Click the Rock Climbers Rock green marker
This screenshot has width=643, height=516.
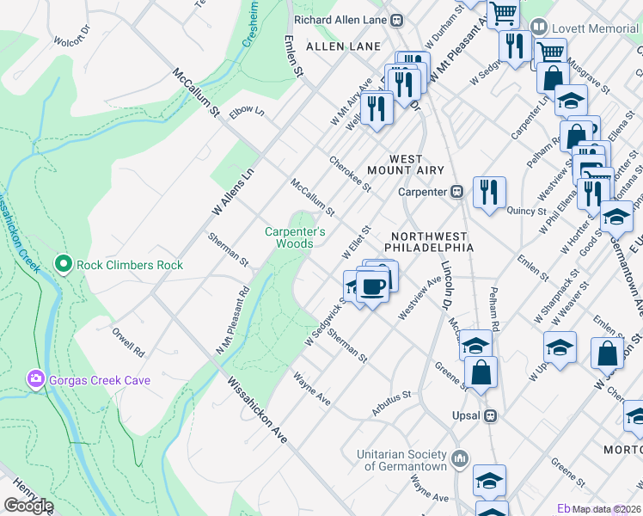coord(63,264)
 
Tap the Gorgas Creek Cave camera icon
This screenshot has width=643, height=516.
coord(35,379)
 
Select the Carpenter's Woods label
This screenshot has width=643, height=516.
coord(295,237)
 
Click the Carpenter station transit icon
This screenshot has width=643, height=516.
coord(458,191)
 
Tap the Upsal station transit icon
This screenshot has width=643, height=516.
coord(491,415)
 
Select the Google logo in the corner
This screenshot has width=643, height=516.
coord(28,506)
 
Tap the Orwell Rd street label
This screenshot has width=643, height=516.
coord(128,341)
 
